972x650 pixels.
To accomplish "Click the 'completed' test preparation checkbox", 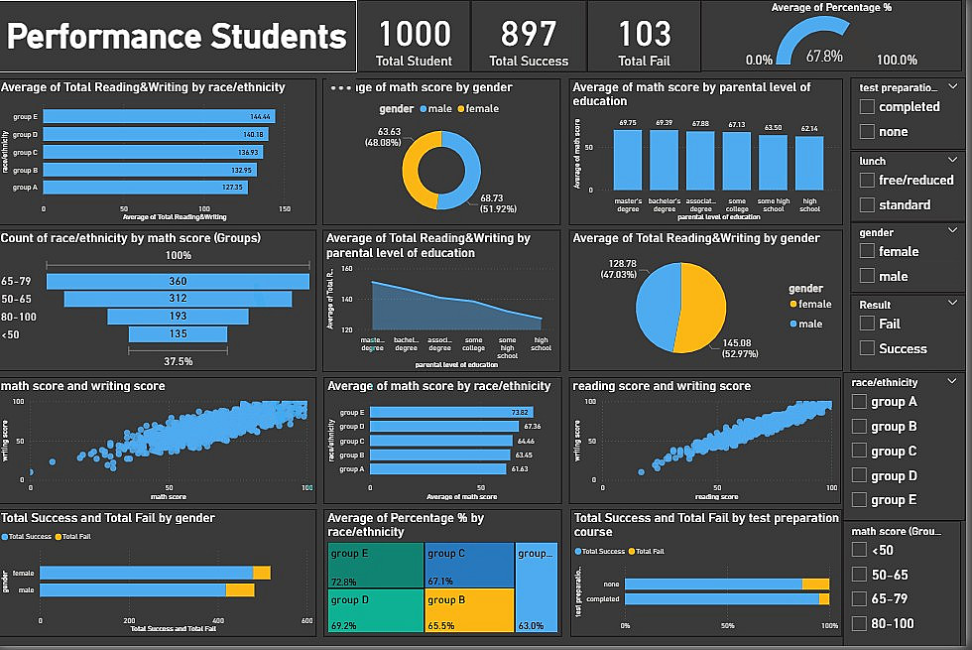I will (x=868, y=107).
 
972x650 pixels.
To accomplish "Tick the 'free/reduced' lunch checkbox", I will (x=868, y=181).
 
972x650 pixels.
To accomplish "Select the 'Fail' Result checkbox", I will (x=868, y=325).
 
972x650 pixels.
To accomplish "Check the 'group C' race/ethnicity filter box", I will (x=860, y=452).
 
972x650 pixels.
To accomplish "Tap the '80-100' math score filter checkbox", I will (x=860, y=624).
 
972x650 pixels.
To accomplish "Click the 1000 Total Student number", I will (x=415, y=35).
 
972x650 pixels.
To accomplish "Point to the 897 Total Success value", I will (x=529, y=35).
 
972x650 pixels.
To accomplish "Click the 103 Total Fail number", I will (x=645, y=35).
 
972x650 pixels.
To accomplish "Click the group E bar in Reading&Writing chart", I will (x=159, y=117).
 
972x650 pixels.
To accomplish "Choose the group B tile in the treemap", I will (x=469, y=609).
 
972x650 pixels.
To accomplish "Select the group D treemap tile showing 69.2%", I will (x=375, y=609).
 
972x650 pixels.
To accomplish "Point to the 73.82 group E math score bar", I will (x=451, y=412).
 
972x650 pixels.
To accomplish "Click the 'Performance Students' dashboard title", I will (x=178, y=37).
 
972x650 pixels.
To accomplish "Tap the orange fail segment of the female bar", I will (x=262, y=573).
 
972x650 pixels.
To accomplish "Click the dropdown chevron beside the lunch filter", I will (x=953, y=160).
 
